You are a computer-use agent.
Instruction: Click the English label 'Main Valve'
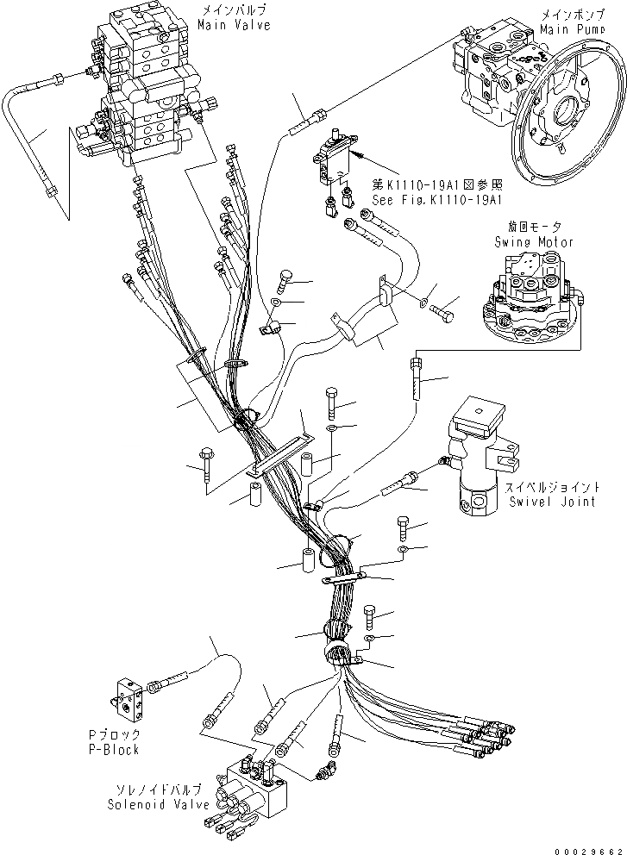point(233,26)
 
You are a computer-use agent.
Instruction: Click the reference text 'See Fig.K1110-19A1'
point(436,199)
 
